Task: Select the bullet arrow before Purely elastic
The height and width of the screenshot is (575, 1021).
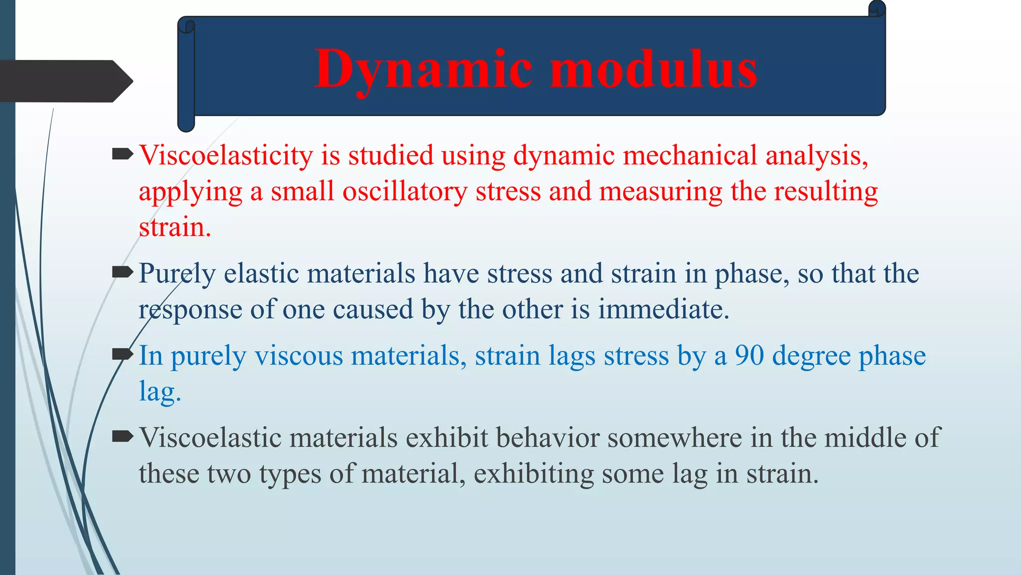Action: pyautogui.click(x=123, y=272)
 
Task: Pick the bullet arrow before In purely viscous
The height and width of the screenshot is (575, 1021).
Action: pyautogui.click(x=123, y=354)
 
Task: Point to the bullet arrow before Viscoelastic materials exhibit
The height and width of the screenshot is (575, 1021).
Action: pyautogui.click(x=123, y=437)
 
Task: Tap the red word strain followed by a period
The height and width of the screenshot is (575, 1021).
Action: pyautogui.click(x=174, y=228)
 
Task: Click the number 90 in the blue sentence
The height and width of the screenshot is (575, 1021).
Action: pyautogui.click(x=749, y=356)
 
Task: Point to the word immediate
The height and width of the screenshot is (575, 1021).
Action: pyautogui.click(x=663, y=309)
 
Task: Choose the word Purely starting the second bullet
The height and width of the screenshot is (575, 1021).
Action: pyautogui.click(x=176, y=274)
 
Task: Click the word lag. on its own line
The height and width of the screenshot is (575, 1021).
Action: pyautogui.click(x=160, y=392)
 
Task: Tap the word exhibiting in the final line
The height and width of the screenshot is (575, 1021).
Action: pyautogui.click(x=533, y=474)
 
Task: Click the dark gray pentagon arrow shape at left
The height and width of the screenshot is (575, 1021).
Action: pyautogui.click(x=62, y=81)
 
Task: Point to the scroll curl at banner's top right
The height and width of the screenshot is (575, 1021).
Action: pyautogui.click(x=877, y=9)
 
